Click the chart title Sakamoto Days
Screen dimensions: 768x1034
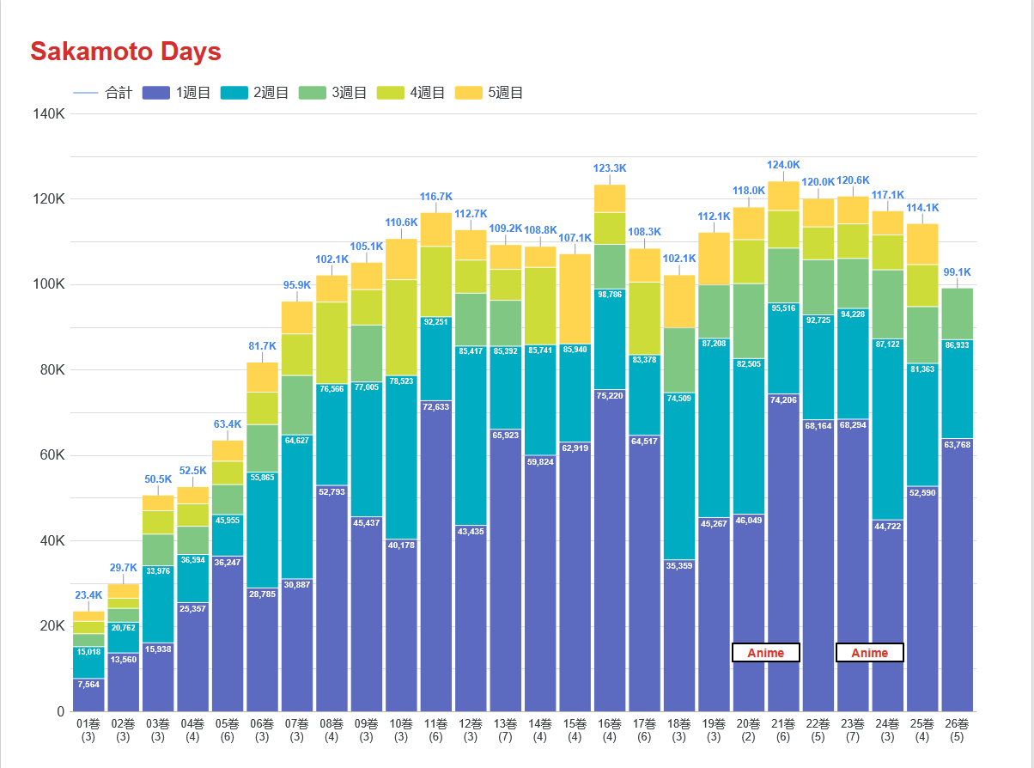(x=125, y=52)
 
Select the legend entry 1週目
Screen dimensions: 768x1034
(x=177, y=93)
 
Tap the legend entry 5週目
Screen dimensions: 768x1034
(x=489, y=93)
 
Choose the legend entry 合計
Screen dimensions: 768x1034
(x=103, y=93)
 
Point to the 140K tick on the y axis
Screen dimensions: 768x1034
(x=49, y=114)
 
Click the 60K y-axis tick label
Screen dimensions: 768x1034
(x=49, y=455)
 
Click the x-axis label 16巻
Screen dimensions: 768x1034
(x=610, y=724)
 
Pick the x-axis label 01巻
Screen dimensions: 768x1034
(x=88, y=724)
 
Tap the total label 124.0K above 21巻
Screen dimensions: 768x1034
(x=783, y=165)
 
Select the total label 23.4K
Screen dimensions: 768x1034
(x=88, y=594)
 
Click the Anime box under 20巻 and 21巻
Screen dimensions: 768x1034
(x=765, y=653)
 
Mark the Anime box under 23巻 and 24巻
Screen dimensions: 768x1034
(x=869, y=653)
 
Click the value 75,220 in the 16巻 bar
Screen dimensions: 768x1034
(x=610, y=396)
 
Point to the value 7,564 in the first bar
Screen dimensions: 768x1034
(x=88, y=685)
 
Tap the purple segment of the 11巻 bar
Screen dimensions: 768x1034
(x=436, y=558)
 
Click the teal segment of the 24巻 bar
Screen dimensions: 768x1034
(x=887, y=430)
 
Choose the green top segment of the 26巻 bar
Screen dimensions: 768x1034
(x=957, y=314)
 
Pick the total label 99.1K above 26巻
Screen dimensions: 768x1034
(x=957, y=272)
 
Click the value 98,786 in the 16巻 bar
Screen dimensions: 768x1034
(x=610, y=295)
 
